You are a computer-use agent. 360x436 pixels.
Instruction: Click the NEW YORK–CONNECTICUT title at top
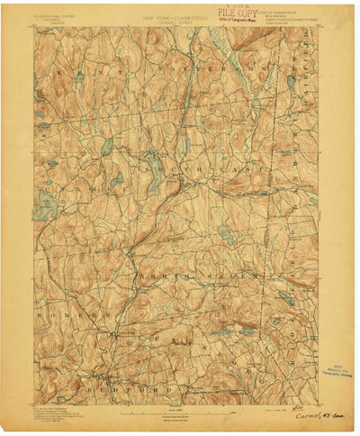pyautogui.click(x=166, y=17)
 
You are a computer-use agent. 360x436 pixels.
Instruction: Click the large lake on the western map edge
pyautogui.click(x=42, y=209)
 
